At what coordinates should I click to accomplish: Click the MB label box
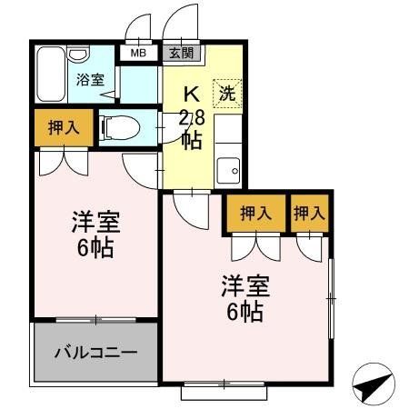138,53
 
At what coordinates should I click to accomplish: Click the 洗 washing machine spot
226,93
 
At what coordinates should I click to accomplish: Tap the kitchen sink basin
230,169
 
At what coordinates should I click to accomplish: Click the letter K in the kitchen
192,94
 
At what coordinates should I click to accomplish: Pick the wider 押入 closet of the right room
255,214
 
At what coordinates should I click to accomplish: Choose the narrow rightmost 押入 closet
309,214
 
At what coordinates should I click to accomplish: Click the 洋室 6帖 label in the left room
94,234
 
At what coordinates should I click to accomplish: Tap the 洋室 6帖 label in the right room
244,299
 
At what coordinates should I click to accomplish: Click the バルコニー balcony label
95,352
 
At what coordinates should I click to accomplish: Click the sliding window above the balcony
95,319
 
